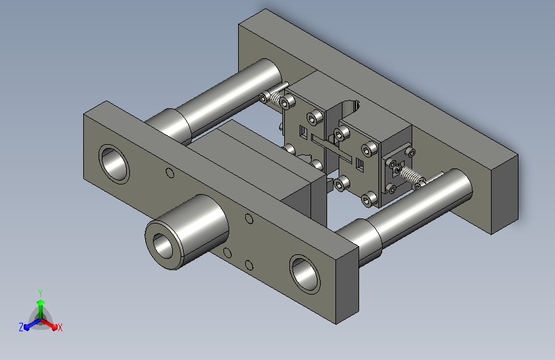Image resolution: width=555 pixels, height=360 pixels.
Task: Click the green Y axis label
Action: click(x=40, y=293)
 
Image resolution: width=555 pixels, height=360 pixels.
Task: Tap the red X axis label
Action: click(x=60, y=327)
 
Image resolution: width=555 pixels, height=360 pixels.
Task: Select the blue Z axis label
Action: click(x=21, y=327)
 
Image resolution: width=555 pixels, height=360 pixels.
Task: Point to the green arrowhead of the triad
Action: click(x=41, y=302)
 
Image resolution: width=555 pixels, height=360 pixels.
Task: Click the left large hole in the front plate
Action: click(x=114, y=164)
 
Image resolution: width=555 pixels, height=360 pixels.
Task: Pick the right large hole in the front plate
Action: click(x=305, y=274)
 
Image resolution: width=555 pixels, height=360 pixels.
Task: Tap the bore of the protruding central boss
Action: click(x=163, y=246)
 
